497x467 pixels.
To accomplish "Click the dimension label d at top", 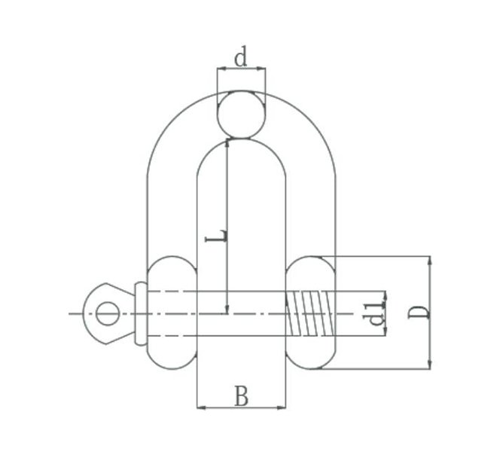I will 241,58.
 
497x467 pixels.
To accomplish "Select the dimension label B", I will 241,396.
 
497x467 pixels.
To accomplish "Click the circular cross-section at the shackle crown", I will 241,114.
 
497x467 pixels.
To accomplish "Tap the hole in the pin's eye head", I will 108,313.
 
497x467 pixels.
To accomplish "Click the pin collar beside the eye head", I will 141,313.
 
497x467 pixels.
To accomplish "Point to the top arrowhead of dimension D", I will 430,260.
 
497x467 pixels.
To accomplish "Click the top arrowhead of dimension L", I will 227,142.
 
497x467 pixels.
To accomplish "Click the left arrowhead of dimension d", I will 220,69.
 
